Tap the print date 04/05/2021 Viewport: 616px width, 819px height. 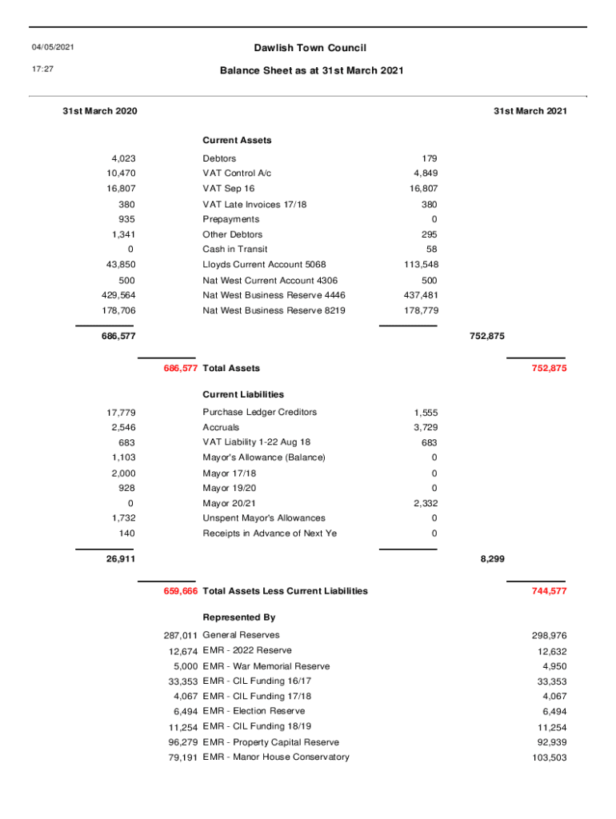(54, 49)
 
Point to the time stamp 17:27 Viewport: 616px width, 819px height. (43, 70)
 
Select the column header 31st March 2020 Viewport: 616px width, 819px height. (99, 111)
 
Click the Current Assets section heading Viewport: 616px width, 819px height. (237, 140)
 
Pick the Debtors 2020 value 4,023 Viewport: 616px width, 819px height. (120, 158)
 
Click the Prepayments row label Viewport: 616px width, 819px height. (231, 219)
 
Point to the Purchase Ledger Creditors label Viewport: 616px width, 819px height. (260, 413)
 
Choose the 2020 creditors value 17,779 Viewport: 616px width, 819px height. (120, 413)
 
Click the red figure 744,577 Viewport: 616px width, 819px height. (549, 591)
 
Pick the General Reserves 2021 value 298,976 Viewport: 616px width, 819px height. (549, 636)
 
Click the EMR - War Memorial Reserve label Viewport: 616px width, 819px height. (266, 666)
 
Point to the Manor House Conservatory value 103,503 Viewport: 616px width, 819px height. (549, 757)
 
